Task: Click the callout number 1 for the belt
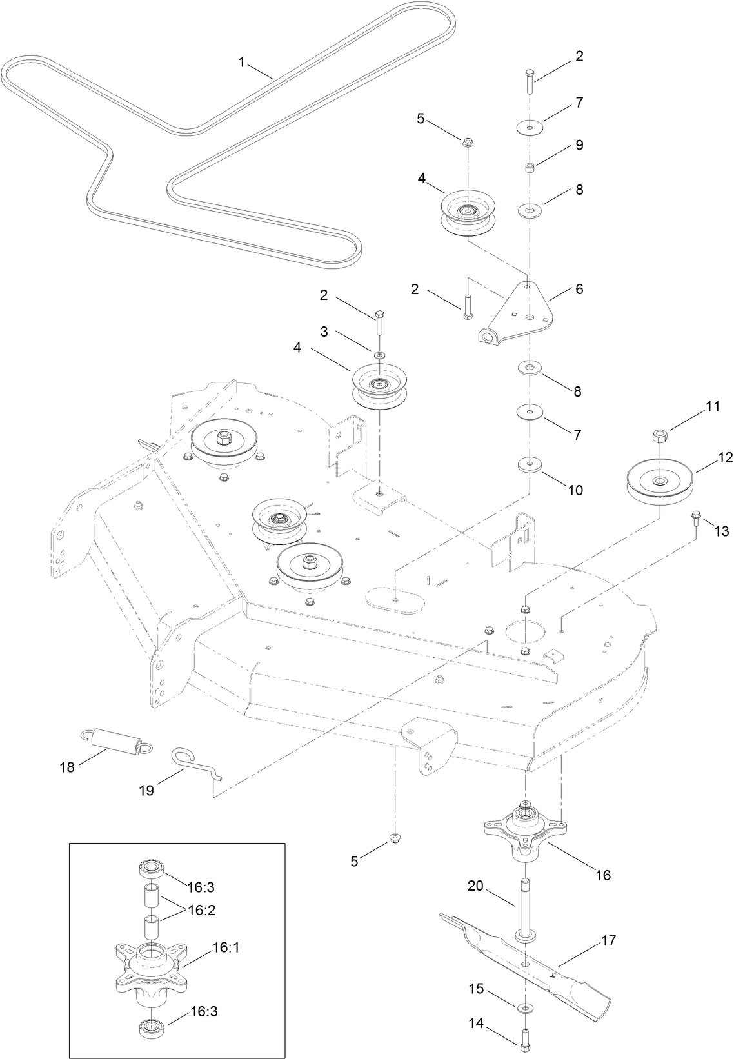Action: point(242,62)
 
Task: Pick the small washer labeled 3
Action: point(379,355)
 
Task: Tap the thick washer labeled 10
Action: point(530,465)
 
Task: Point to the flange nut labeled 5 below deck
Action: point(393,838)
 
